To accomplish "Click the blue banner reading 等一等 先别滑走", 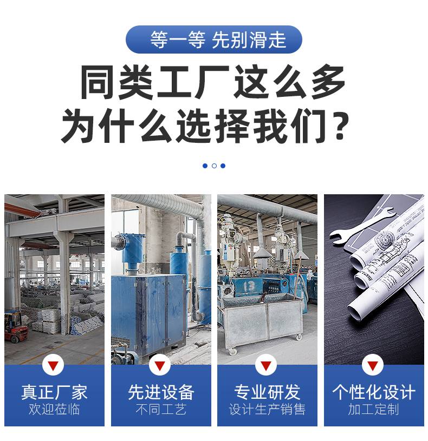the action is click(x=213, y=40).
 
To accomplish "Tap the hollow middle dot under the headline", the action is click(x=214, y=166).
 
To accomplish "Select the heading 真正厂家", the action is click(x=54, y=392).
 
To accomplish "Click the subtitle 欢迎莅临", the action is click(x=54, y=409).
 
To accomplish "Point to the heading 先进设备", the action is click(x=161, y=392).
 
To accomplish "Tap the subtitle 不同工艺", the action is click(x=161, y=409).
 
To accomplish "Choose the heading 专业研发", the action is click(x=267, y=392).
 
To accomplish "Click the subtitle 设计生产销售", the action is click(x=267, y=409).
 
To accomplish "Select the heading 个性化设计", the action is click(x=374, y=392).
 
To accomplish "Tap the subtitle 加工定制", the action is click(x=374, y=409).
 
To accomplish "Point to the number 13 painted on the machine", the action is click(x=249, y=287).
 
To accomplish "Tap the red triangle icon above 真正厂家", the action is click(x=53, y=366).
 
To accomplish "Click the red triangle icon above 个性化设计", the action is click(x=373, y=366).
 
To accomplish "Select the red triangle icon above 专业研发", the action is click(x=266, y=366).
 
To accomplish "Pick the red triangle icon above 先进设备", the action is click(x=160, y=366).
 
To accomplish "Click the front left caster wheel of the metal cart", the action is click(x=232, y=351).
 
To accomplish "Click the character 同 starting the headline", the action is click(x=98, y=82).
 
